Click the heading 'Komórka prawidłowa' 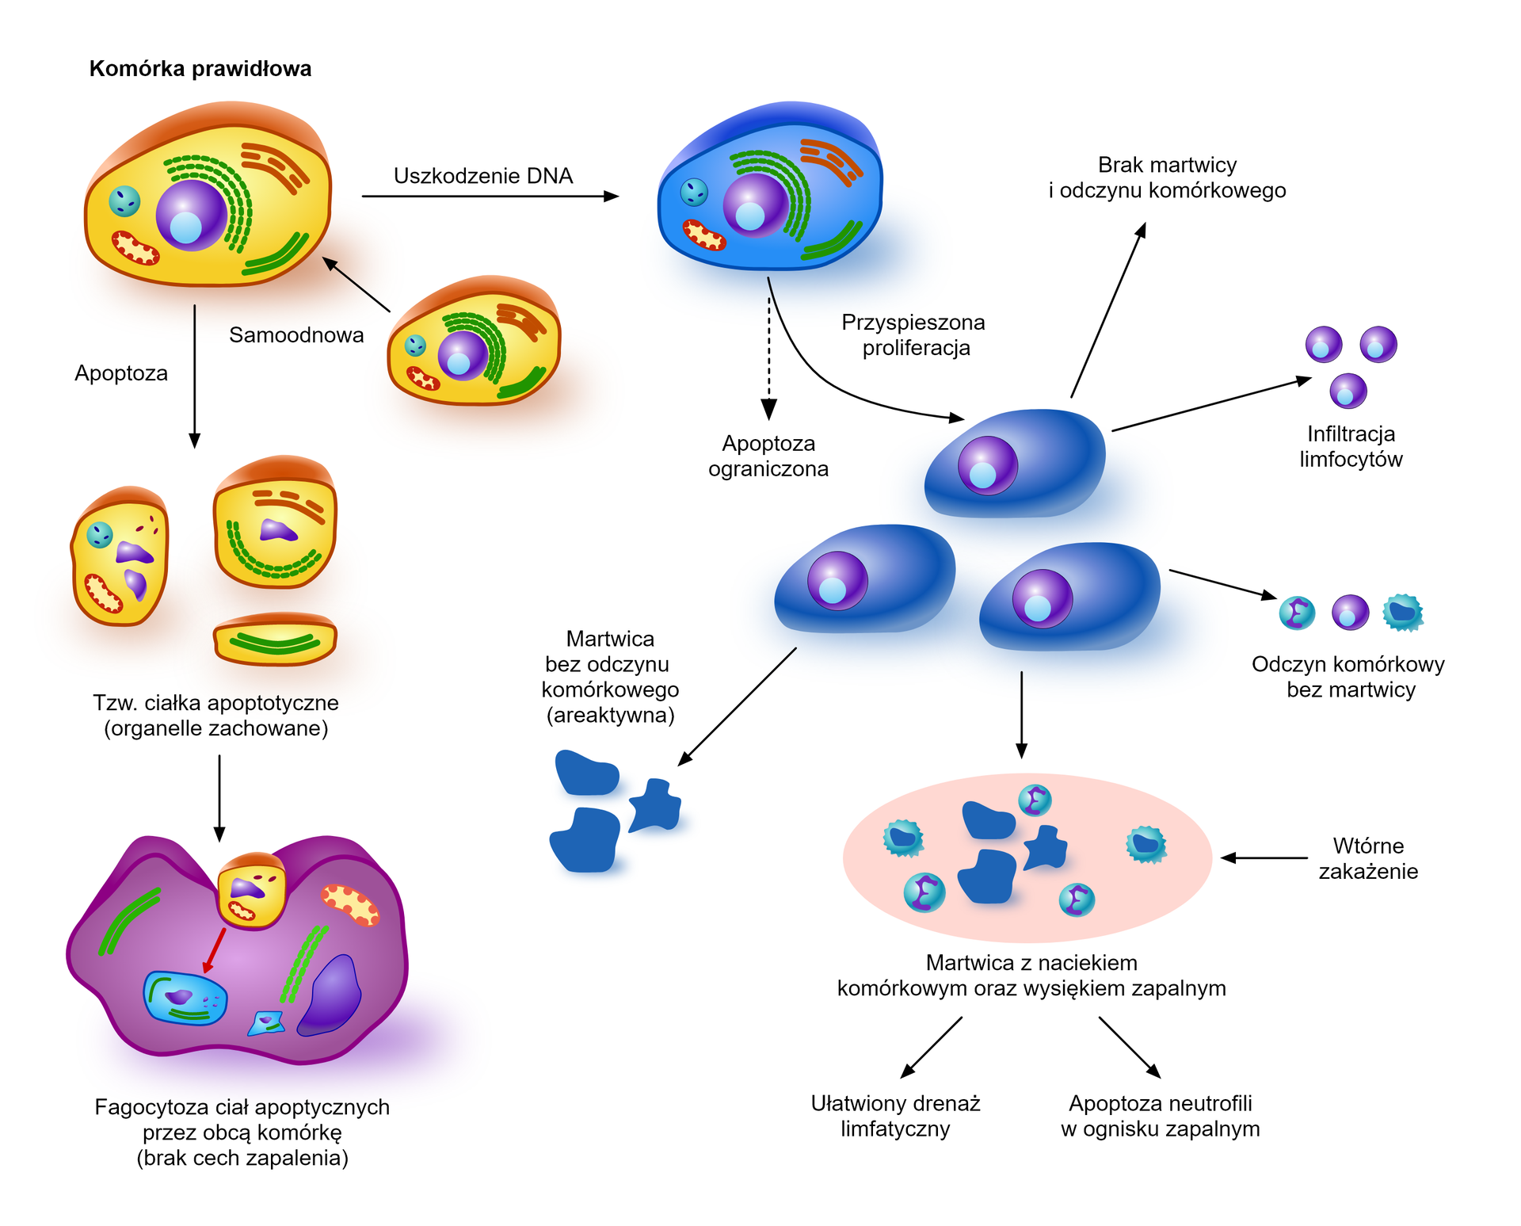pos(200,69)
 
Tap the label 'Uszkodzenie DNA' pos(483,176)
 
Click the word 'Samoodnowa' pos(296,335)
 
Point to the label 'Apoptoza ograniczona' pos(768,456)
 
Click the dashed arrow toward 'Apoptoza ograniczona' pos(768,357)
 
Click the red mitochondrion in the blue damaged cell pos(704,235)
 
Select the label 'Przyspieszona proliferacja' pos(913,335)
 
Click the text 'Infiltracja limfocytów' pos(1351,446)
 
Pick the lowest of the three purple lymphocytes pos(1348,391)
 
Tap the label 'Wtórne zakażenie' pos(1368,858)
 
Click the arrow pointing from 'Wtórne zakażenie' pos(1264,857)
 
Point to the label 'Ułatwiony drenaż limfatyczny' pos(895,1116)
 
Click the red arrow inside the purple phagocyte pos(214,950)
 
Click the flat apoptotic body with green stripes pos(275,640)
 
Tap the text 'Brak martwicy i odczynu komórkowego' pos(1167,178)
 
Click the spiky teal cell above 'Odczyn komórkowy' pos(1402,613)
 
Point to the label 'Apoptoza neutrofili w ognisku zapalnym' pos(1160,1116)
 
